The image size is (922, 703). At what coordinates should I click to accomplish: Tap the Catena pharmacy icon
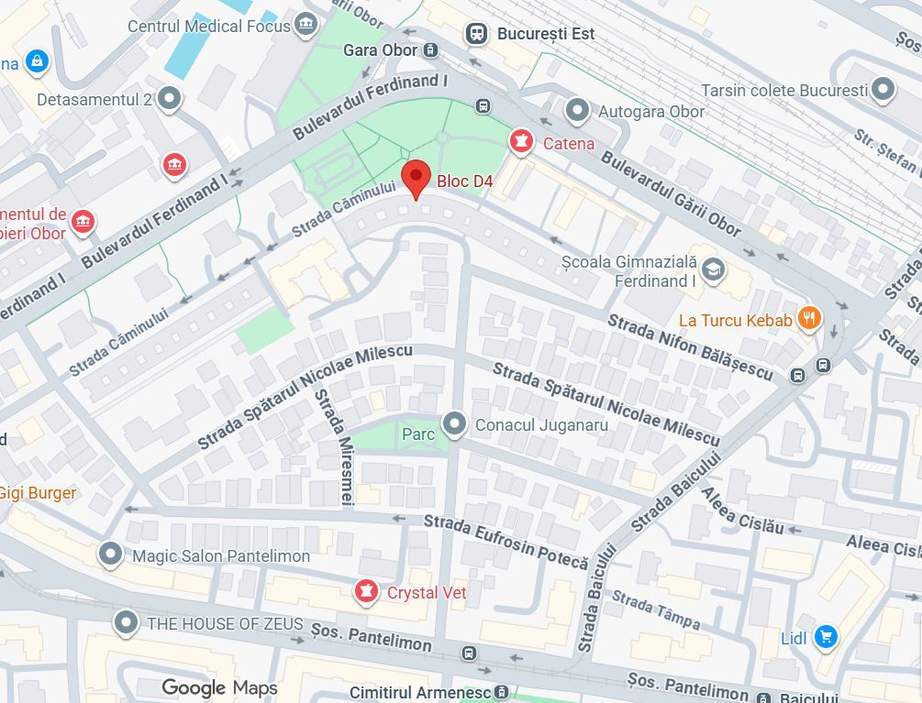521,142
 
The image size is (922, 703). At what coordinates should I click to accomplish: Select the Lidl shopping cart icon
826,636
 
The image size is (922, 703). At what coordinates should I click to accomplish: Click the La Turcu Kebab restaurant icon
809,319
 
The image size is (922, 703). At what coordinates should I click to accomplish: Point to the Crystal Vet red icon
367,592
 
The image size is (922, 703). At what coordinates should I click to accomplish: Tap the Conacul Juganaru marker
454,423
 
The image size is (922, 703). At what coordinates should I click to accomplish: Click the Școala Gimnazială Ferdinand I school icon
714,269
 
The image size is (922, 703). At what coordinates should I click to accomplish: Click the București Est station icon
476,34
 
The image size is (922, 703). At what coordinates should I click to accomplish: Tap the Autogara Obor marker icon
577,111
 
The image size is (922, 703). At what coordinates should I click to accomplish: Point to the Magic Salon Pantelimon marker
111,555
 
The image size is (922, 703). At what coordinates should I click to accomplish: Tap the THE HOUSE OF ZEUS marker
126,623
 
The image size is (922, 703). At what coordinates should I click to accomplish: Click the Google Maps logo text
219,687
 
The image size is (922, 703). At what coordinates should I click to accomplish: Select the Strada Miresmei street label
334,446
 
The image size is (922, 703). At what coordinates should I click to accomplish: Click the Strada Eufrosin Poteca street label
505,540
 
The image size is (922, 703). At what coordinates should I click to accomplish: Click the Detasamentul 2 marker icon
170,98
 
